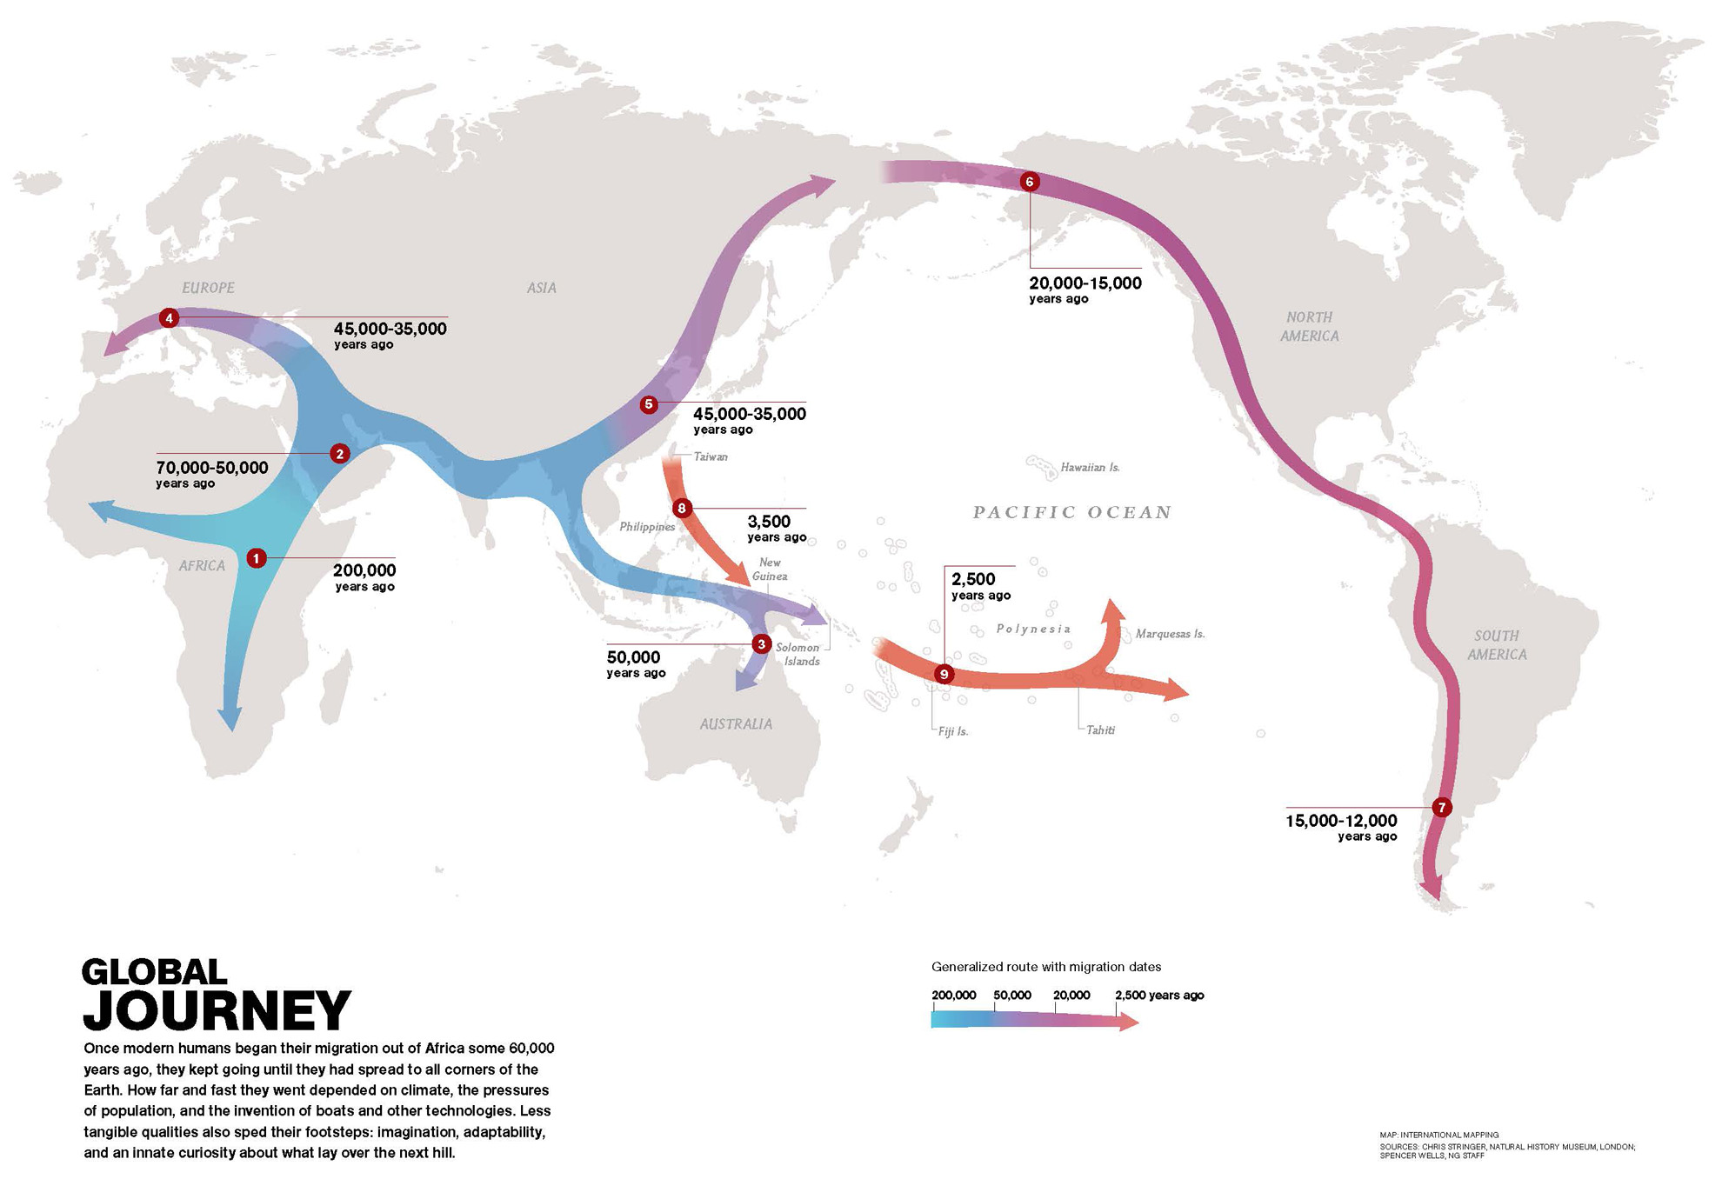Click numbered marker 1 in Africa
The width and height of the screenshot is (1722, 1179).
tap(256, 558)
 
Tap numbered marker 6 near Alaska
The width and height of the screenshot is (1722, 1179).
tap(1030, 182)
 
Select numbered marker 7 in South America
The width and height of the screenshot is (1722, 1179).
tap(1441, 808)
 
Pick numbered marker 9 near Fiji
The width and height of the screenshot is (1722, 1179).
tap(944, 675)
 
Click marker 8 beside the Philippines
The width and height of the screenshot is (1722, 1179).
tap(682, 509)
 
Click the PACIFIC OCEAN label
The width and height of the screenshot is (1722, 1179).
tap(1071, 512)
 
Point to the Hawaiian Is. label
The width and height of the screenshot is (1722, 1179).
tap(1090, 468)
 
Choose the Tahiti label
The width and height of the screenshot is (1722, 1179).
tap(1100, 730)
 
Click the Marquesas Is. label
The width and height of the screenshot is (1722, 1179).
tap(1170, 634)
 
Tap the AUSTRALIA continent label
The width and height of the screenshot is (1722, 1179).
tap(736, 724)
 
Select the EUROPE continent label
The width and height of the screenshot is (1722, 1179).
tap(208, 288)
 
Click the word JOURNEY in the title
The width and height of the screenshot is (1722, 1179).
tap(217, 1010)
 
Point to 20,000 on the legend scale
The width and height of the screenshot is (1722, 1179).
tap(1071, 996)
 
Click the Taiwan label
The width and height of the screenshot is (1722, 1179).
tap(711, 456)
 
